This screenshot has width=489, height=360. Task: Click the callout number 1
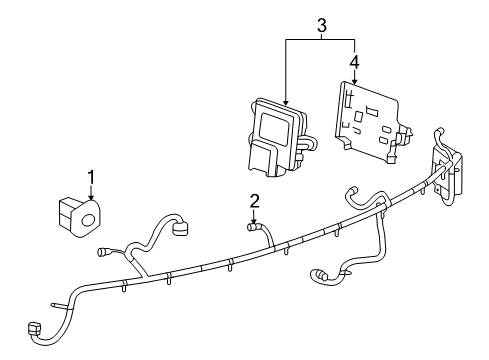[x=91, y=178]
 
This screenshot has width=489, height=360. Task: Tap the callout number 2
[x=255, y=200]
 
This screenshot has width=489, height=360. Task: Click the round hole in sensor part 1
[x=88, y=219]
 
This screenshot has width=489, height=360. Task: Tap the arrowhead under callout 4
[x=354, y=84]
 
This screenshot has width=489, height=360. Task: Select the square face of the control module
[x=273, y=127]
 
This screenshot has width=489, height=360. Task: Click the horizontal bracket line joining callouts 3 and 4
[x=320, y=39]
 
